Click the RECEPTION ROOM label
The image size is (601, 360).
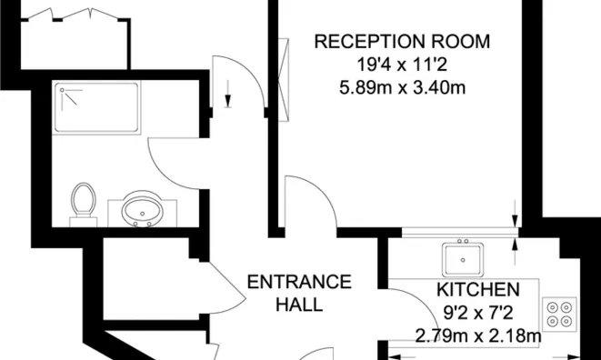tap(401, 41)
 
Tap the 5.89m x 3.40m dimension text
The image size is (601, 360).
tap(401, 87)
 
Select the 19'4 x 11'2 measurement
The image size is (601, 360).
tap(401, 65)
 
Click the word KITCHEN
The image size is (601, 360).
tap(478, 290)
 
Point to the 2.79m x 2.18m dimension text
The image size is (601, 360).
tap(478, 336)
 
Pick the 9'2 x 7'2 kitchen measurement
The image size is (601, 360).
tap(478, 314)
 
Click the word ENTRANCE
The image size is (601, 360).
tap(300, 280)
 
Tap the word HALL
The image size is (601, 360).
tap(299, 304)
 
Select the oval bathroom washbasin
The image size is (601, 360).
tap(142, 209)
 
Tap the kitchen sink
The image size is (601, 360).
tap(465, 259)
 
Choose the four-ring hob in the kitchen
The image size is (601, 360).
tap(561, 313)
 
